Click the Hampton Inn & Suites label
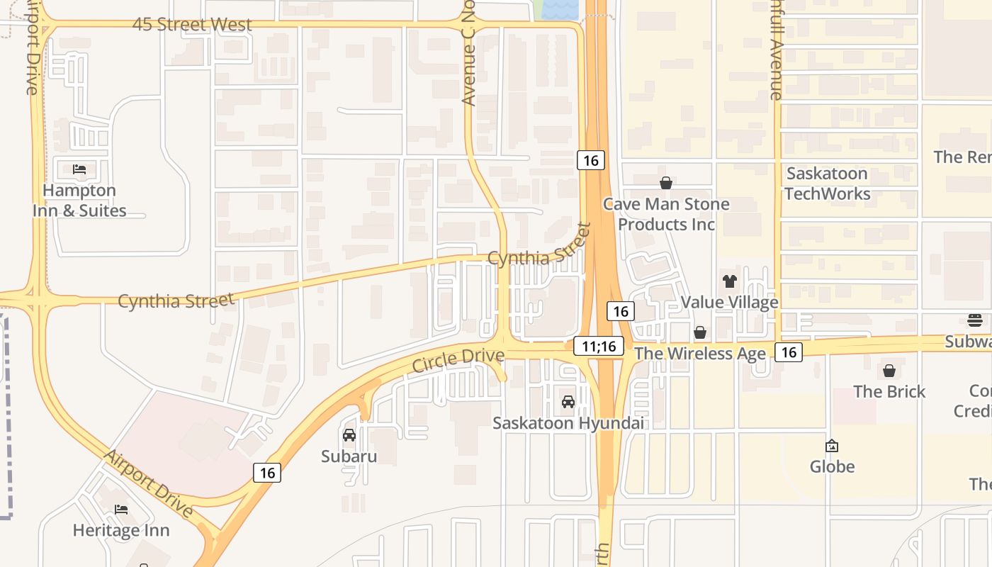[x=79, y=201]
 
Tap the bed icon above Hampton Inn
[x=79, y=169]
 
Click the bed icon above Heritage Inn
[x=121, y=510]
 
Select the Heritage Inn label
[x=121, y=530]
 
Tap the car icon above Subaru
[x=349, y=435]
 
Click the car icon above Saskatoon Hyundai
[x=568, y=402]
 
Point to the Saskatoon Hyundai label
[x=569, y=423]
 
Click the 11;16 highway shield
[x=599, y=346]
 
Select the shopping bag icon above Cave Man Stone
[x=666, y=184]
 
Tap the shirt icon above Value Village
[x=730, y=281]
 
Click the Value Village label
[x=730, y=303]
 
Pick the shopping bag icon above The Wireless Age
[x=700, y=332]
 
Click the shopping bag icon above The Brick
[x=889, y=371]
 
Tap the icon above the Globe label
[x=832, y=446]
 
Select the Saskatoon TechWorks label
[x=827, y=184]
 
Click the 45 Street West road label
[x=192, y=25]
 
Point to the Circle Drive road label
[x=458, y=360]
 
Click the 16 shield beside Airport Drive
[x=266, y=472]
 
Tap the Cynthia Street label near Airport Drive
[x=176, y=301]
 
